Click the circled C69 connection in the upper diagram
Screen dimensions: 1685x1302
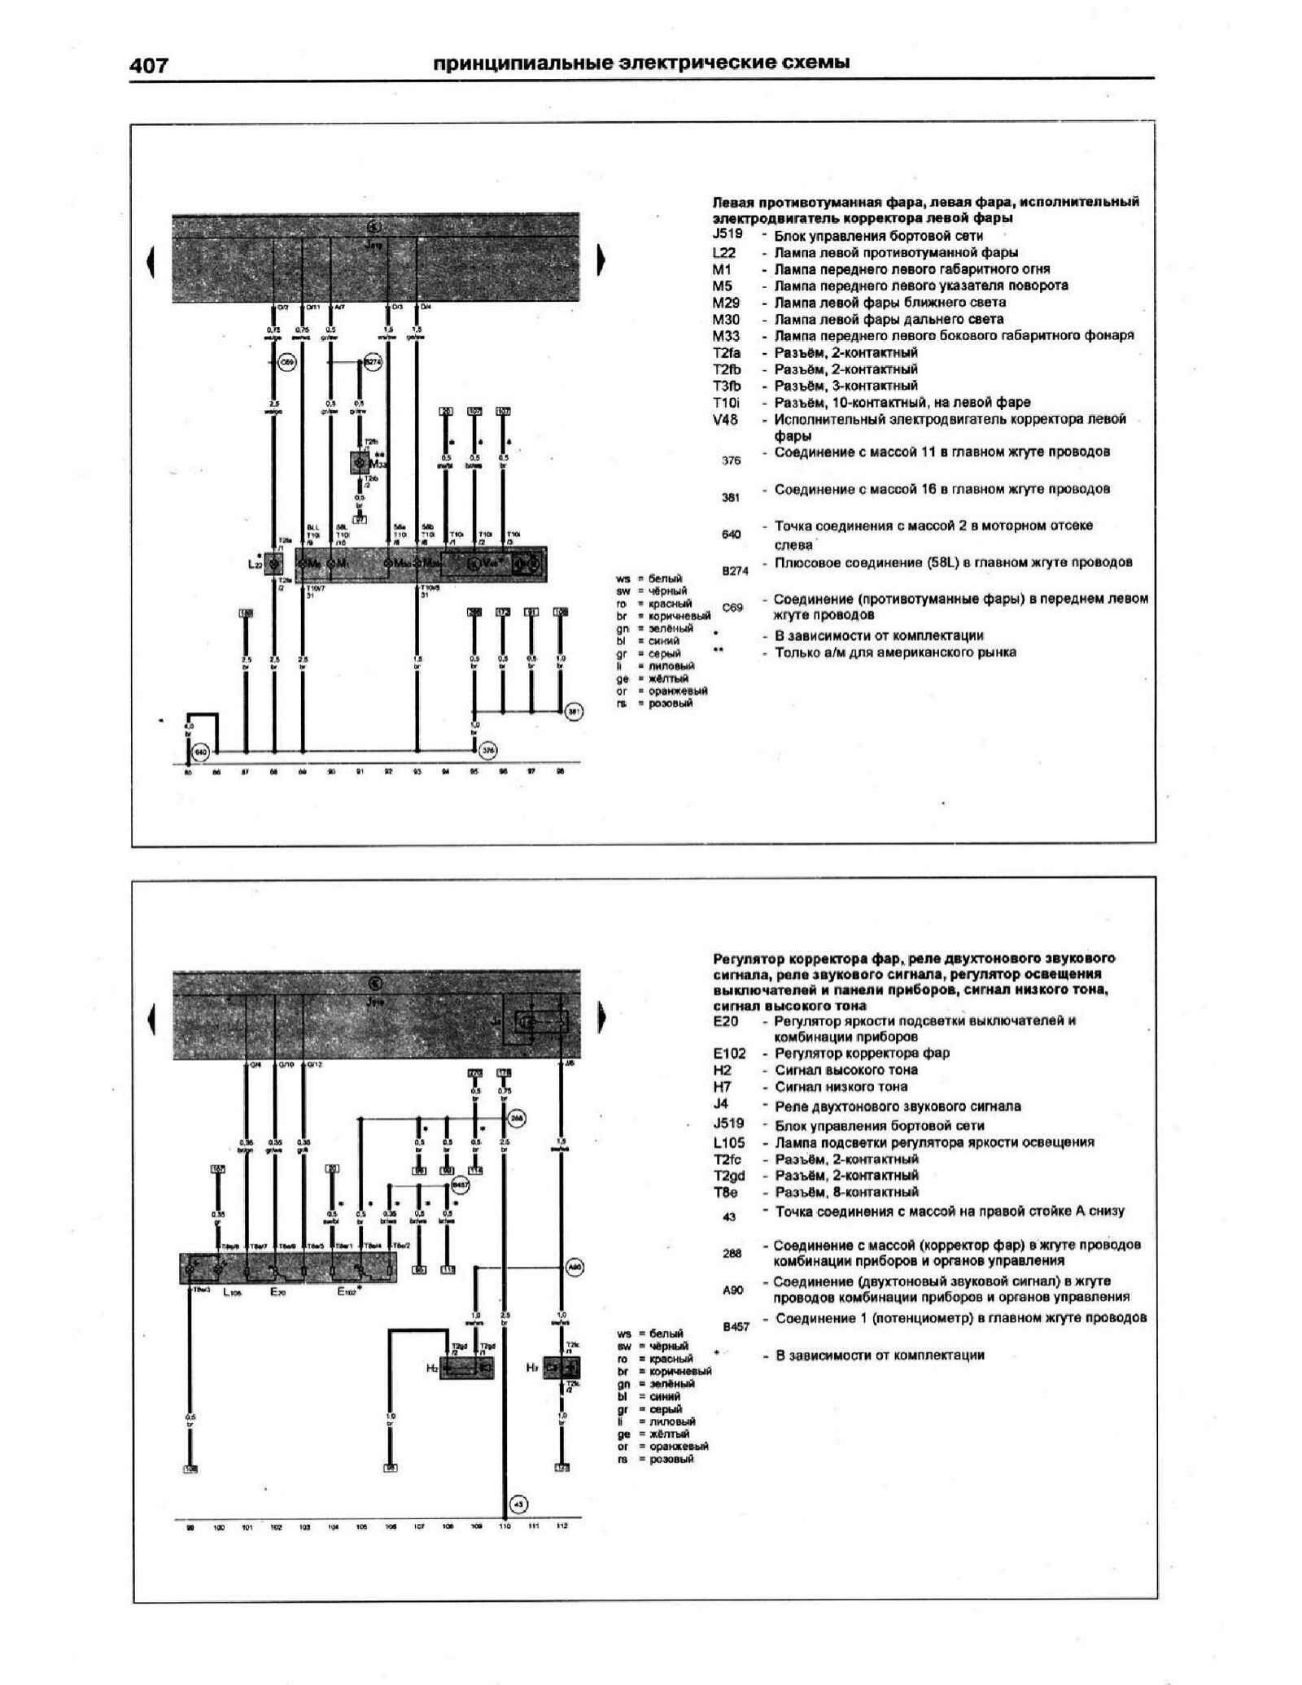tap(286, 363)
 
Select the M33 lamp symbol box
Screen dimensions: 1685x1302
tap(359, 462)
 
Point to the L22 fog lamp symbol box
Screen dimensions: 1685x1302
tap(274, 563)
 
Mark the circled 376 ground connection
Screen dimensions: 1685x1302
tap(487, 751)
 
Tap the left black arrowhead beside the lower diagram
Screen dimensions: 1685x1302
tap(151, 1019)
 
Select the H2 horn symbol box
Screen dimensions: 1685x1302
tap(466, 1369)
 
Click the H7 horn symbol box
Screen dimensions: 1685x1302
tap(561, 1369)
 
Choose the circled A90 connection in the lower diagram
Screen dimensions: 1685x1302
tap(574, 1267)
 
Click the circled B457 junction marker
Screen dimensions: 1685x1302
tap(460, 1185)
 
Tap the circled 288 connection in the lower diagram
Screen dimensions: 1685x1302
tap(516, 1120)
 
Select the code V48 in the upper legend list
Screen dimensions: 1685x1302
tap(725, 420)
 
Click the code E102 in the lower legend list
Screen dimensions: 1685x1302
tap(729, 1054)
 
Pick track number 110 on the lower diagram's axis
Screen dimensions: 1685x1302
tap(504, 1527)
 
